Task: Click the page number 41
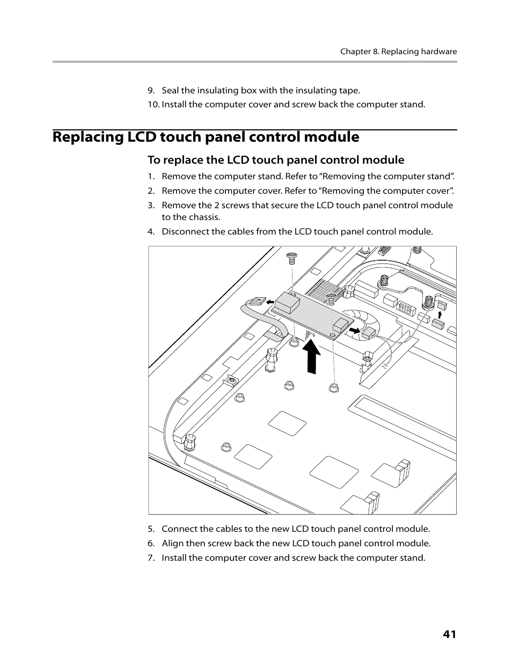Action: (449, 634)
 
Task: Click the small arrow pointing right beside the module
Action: (354, 329)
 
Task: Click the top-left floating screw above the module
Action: (292, 258)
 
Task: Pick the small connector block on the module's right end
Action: (340, 325)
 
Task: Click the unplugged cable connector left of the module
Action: (257, 302)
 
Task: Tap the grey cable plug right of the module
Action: (368, 334)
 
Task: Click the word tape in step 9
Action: (348, 90)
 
